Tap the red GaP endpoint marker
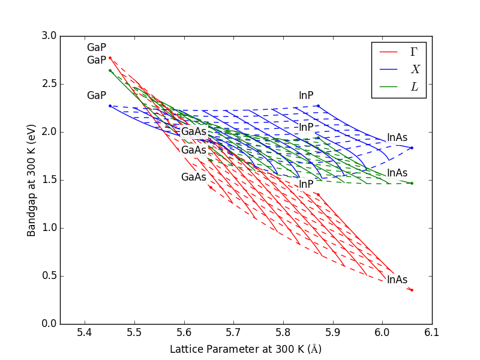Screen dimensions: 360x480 110,58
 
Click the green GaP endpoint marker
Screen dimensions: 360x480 110,70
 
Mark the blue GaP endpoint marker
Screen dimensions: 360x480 110,106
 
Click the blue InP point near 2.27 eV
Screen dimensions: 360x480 318,106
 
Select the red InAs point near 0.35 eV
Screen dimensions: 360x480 412,290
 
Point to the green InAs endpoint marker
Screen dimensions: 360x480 412,183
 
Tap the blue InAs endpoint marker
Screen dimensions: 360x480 412,148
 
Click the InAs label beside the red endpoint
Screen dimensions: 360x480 397,280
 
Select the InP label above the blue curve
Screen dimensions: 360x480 306,96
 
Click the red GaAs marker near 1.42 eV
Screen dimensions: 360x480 210,187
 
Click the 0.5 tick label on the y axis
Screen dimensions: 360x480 50,276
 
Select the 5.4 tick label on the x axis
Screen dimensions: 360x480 85,332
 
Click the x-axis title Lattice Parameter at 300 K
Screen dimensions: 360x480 247,349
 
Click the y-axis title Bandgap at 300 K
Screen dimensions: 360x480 31,180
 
